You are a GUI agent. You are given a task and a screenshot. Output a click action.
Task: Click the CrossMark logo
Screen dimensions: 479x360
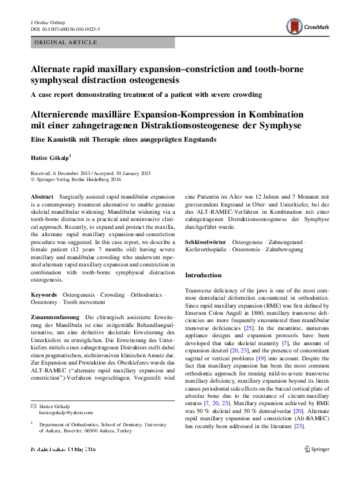coord(307,25)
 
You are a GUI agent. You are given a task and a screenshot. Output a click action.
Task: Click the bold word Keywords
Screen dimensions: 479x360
coord(44,295)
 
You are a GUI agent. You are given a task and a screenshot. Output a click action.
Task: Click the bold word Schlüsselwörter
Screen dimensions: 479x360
coord(205,242)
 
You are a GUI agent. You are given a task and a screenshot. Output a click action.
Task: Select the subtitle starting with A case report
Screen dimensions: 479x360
coord(147,94)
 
